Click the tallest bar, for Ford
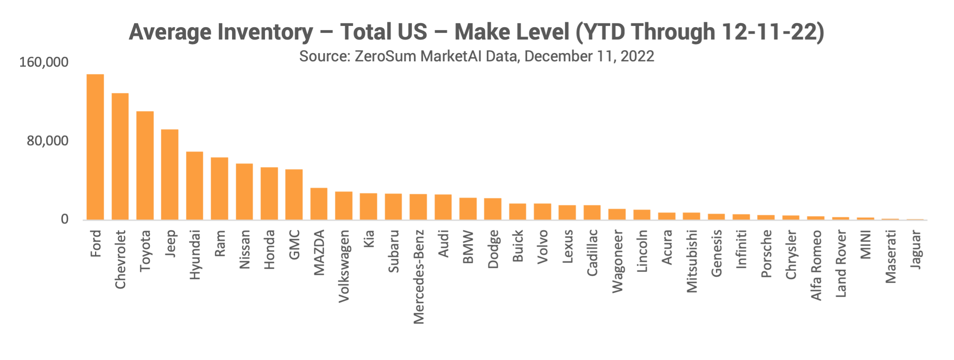pos(95,147)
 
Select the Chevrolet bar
pos(120,156)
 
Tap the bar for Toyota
pos(145,165)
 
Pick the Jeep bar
pos(170,174)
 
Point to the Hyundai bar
pos(195,186)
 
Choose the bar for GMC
pos(294,194)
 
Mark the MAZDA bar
pos(319,204)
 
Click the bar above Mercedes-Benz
pos(418,207)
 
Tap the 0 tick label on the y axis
pos(65,219)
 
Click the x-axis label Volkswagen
pos(344,266)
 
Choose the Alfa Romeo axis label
pos(816,265)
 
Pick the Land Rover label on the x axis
pos(841,264)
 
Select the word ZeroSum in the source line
pos(385,56)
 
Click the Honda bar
pos(269,193)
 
